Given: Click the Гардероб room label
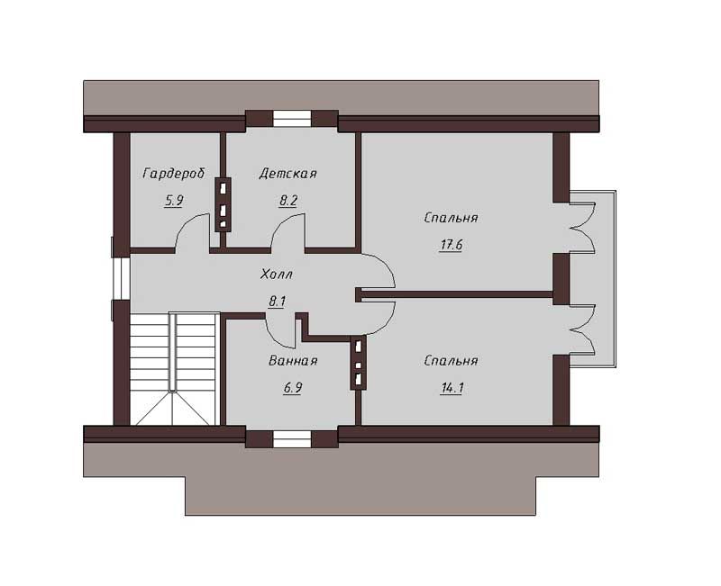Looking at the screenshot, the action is pos(173,174).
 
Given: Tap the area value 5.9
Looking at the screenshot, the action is pos(173,201).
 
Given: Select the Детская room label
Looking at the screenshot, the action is pos(287,174).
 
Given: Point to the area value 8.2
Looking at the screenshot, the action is pos(288,201).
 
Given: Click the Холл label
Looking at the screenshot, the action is pos(277,275).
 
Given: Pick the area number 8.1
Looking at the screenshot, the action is pos(278,302).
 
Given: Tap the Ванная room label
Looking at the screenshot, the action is pos(293,361).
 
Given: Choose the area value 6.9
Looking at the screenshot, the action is pos(292,388).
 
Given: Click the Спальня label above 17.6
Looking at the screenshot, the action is pos(452,218).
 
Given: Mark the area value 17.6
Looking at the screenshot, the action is pos(452,245).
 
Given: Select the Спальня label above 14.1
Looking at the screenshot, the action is pos(452,360).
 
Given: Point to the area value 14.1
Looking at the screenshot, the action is pos(452,388).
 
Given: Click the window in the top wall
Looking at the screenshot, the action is pos(292,119).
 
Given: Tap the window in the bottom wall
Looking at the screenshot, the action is pos(292,439).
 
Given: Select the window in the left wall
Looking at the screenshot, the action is pos(121,278).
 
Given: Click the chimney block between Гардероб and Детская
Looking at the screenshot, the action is pos(224,204).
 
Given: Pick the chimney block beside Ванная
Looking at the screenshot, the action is pos(358,363).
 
